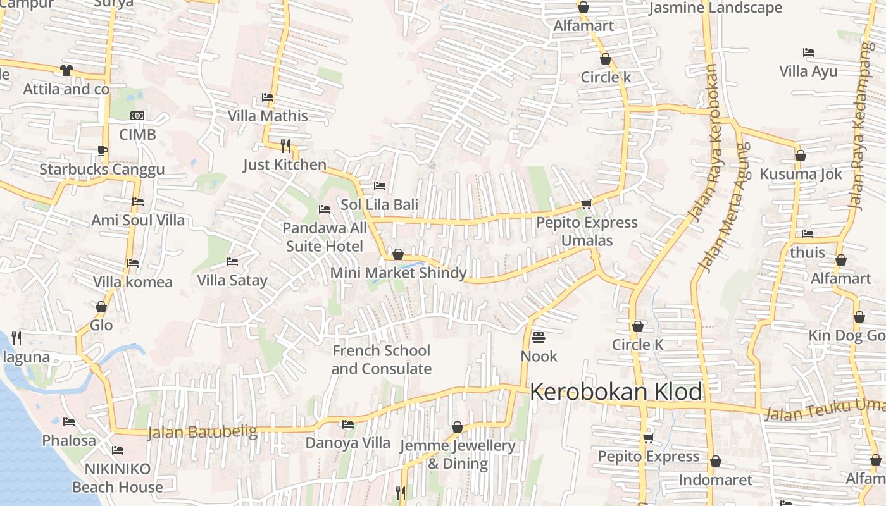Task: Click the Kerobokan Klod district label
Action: (x=616, y=392)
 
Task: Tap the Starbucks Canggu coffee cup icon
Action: (x=102, y=151)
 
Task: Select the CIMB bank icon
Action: (x=137, y=116)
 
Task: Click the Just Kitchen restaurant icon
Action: (x=285, y=146)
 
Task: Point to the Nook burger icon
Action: (x=539, y=337)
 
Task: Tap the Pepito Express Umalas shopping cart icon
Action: (x=586, y=204)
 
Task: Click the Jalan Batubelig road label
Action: (x=203, y=433)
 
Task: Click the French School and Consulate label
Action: (x=381, y=359)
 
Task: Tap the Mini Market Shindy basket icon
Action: (x=398, y=254)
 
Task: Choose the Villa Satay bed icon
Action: (x=232, y=261)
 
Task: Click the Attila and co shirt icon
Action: (x=66, y=70)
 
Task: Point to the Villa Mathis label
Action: (x=268, y=116)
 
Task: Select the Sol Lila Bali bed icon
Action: (x=380, y=186)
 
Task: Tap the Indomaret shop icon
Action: (x=716, y=461)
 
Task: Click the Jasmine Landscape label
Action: (x=716, y=8)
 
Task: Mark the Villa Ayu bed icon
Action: (x=808, y=52)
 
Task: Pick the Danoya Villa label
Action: (x=348, y=443)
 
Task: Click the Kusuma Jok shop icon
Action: (x=801, y=156)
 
